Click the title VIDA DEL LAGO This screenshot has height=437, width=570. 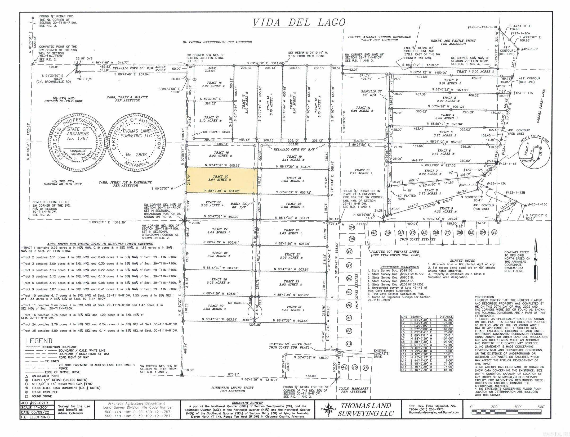coord(299,22)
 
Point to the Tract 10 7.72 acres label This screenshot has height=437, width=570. coord(362,172)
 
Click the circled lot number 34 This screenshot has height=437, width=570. coord(352,227)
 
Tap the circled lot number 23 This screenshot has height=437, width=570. coord(494,233)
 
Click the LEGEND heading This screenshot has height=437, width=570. coord(39,341)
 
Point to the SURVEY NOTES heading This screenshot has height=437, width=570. coord(462,261)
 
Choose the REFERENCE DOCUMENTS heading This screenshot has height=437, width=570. coord(399,267)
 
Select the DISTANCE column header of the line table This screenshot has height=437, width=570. coord(446,317)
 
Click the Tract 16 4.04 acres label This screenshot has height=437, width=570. coord(214,84)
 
